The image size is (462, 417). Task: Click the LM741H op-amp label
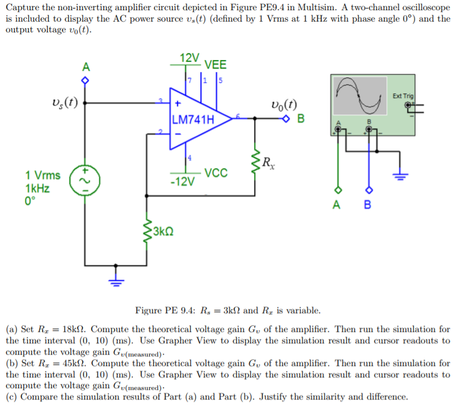coord(193,120)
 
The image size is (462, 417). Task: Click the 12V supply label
coord(189,57)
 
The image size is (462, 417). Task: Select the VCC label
coord(216,172)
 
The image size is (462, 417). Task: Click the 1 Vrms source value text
coord(43,175)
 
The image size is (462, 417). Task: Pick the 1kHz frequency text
coord(37,188)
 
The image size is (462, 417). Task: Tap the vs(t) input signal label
coord(64,103)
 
